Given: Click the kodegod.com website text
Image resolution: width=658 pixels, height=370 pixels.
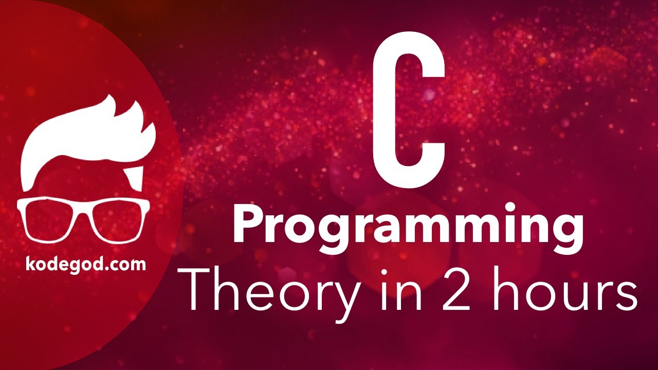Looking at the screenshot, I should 85,264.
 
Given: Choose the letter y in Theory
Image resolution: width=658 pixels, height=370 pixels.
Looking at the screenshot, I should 337,298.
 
